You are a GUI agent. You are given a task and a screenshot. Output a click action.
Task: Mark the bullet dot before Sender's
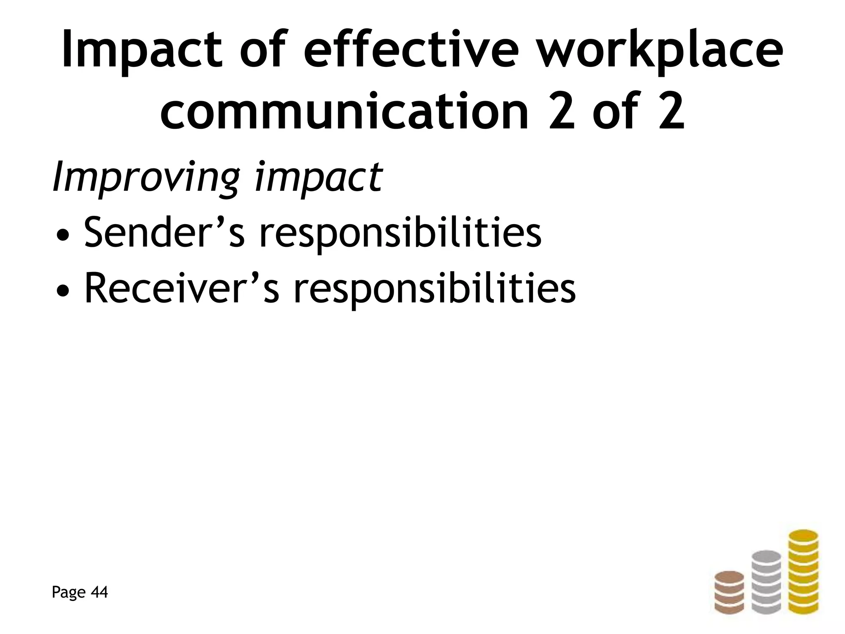coord(62,237)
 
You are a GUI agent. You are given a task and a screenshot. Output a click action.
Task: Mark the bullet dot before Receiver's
coord(62,293)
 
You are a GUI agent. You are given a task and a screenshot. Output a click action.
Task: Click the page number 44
coord(99,592)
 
